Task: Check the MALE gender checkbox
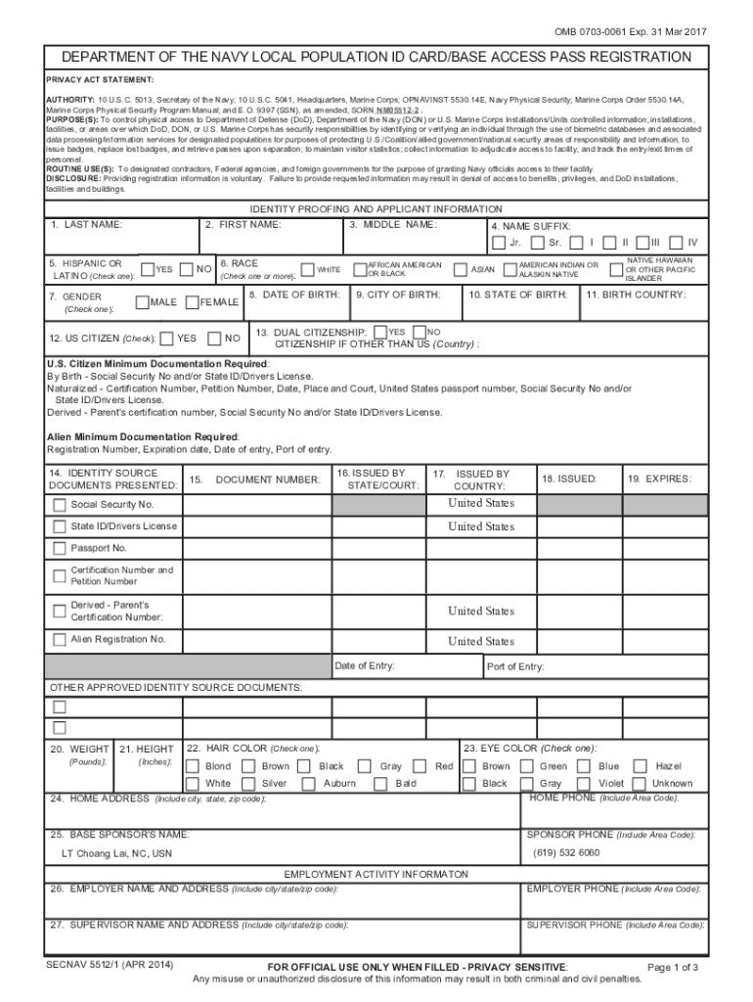coord(142,302)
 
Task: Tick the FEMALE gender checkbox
coord(192,302)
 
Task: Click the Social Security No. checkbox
coord(60,505)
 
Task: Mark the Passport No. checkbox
coord(60,549)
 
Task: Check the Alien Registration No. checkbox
coord(60,640)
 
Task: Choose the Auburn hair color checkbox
coord(309,784)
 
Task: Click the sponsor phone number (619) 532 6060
coord(566,852)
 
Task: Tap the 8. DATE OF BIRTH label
coord(293,295)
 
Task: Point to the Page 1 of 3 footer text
coord(673,968)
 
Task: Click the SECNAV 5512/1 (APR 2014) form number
coord(110,965)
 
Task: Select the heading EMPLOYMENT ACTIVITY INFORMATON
coord(376,874)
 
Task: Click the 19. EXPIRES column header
coord(659,478)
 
